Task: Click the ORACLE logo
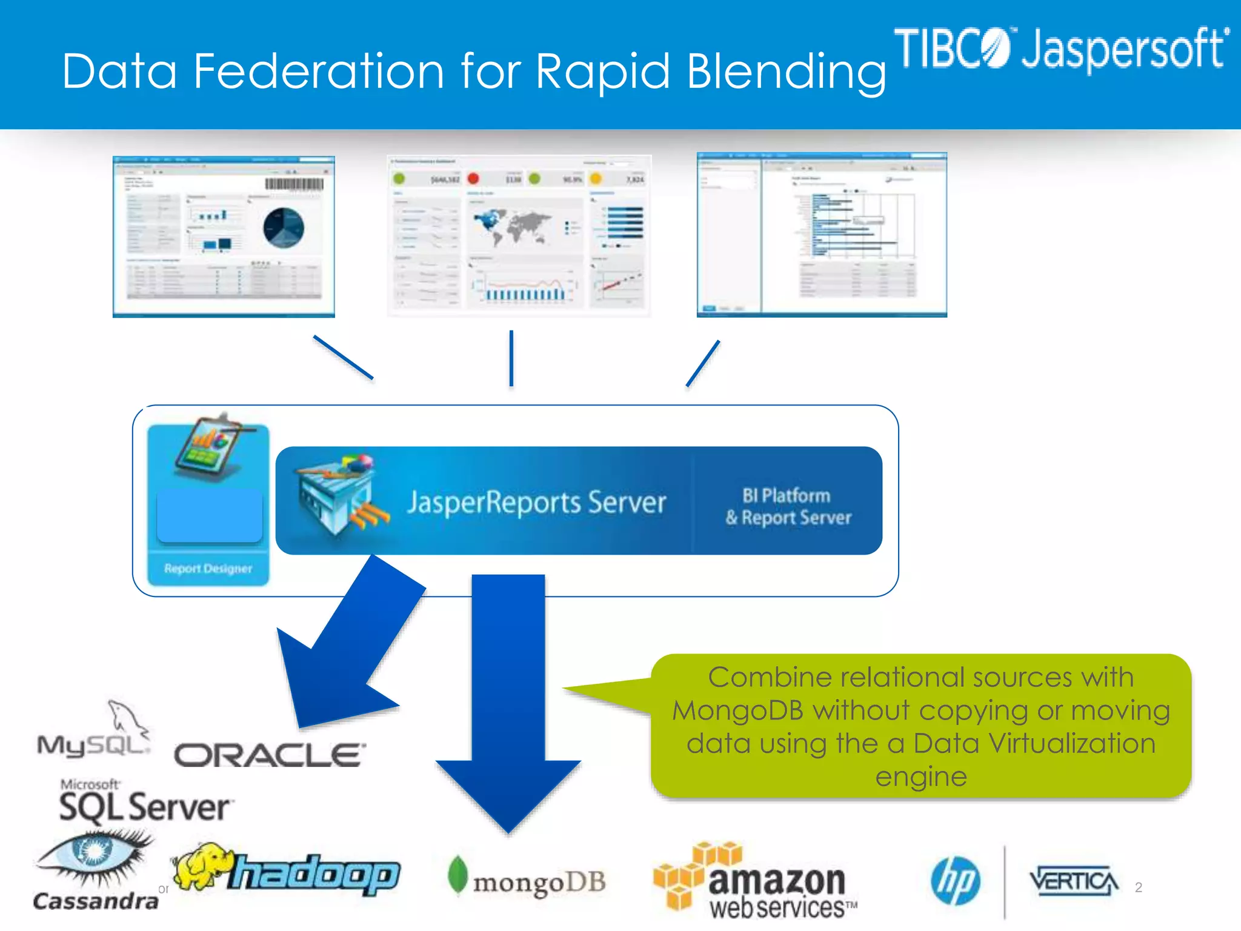click(270, 755)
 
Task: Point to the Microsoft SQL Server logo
click(144, 803)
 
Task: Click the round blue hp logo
click(956, 881)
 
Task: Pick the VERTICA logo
click(1073, 881)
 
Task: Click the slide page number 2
click(1138, 887)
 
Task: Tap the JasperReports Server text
click(536, 502)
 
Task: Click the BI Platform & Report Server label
click(788, 507)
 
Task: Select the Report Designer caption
click(208, 569)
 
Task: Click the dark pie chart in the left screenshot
click(283, 227)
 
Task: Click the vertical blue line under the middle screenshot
click(511, 358)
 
